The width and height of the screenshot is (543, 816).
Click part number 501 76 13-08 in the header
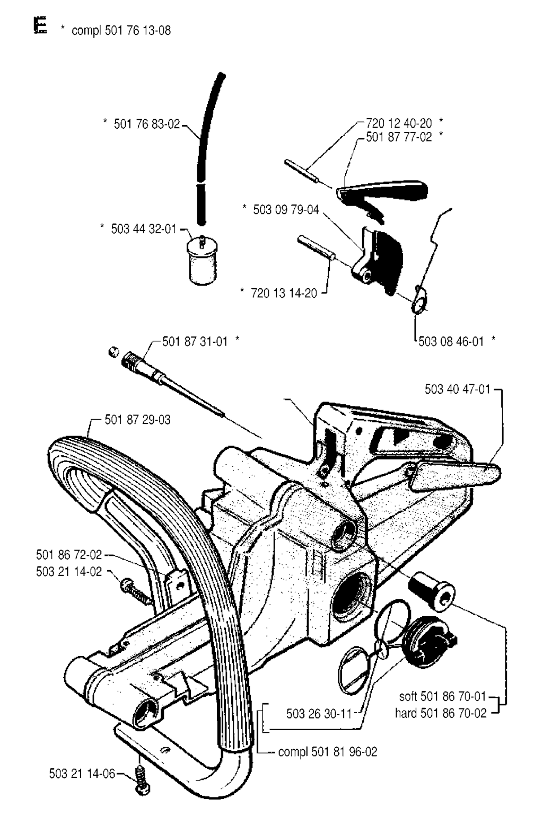[138, 30]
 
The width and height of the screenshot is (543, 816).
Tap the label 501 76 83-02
[147, 124]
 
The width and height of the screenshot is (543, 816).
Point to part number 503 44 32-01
[144, 229]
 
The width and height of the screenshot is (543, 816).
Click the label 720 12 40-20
[399, 123]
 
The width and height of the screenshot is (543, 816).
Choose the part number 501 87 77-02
[399, 137]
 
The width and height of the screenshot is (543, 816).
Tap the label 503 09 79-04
[286, 210]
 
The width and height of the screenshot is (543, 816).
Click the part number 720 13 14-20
[284, 293]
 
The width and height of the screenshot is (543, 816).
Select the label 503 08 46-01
[451, 342]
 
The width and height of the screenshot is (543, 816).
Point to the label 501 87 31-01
[195, 342]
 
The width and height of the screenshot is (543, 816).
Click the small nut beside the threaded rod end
[114, 352]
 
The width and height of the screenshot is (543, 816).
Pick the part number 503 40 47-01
[457, 389]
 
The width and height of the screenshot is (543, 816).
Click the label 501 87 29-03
[137, 420]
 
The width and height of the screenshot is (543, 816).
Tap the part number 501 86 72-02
[69, 555]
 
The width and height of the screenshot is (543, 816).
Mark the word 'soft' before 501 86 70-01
[408, 696]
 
